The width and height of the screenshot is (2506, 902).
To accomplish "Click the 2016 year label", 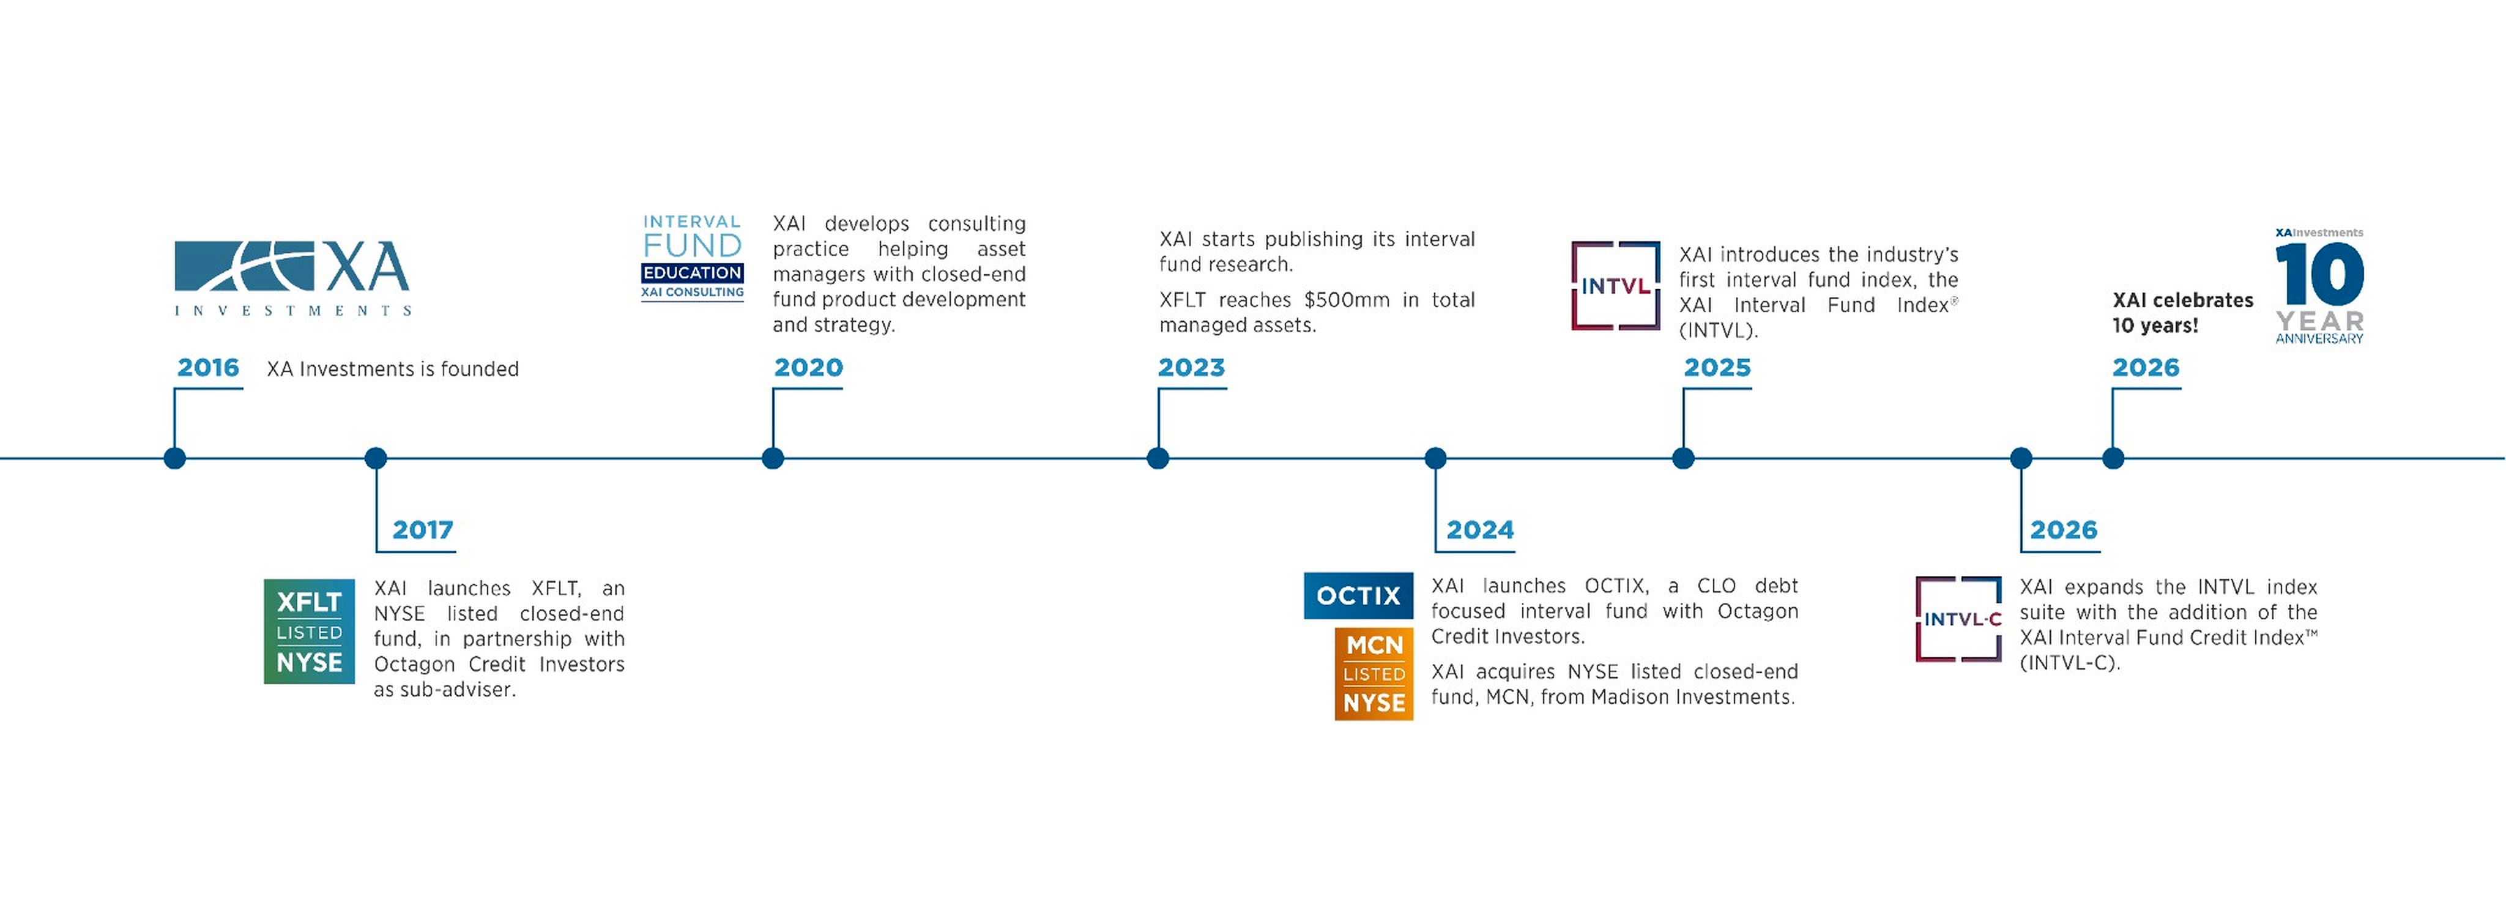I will [x=208, y=368].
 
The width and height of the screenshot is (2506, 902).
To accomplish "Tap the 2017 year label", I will [x=422, y=531].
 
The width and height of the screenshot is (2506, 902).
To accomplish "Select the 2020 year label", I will [x=808, y=368].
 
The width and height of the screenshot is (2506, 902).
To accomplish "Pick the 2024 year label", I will [x=1479, y=531].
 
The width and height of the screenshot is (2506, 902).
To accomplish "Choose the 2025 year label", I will [x=1717, y=368].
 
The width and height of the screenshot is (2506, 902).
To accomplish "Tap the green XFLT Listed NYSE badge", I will [x=310, y=632].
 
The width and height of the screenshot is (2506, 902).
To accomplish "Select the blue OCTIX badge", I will [x=1358, y=595].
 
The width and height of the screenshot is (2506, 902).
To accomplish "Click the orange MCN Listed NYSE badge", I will [x=1374, y=673].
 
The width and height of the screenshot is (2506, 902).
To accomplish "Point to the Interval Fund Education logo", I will [x=693, y=258].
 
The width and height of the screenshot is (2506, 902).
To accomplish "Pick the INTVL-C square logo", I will [x=1958, y=619].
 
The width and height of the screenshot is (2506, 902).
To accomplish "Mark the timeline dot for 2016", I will [x=175, y=458].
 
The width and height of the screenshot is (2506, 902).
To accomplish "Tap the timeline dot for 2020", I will [x=773, y=458].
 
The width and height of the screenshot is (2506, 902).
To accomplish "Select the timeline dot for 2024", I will [x=1435, y=458].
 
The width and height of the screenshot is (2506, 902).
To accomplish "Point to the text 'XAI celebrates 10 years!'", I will [x=2182, y=312].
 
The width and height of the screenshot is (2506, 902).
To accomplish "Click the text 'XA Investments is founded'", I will [x=392, y=370].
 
